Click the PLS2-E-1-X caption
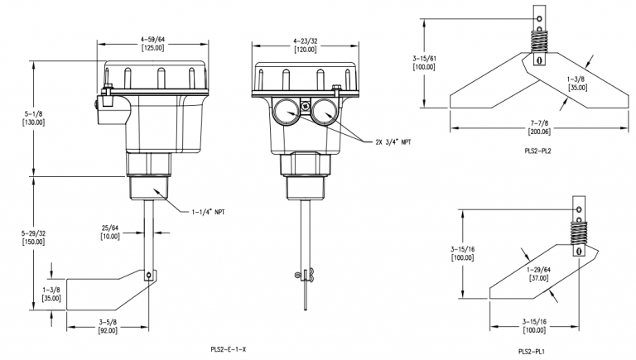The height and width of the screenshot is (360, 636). click(229, 349)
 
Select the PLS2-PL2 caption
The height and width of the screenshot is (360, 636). click(537, 151)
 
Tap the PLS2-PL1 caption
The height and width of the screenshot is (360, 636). click(532, 352)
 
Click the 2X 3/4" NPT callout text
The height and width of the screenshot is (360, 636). click(393, 142)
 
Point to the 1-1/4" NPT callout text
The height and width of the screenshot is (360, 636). click(208, 212)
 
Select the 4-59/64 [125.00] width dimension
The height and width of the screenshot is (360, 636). click(153, 44)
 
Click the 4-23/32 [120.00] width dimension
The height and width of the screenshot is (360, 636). click(305, 46)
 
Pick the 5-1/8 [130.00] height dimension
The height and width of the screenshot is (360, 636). click(33, 118)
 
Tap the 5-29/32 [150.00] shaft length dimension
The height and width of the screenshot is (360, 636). click(33, 238)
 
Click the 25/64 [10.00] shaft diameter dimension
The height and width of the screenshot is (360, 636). click(110, 232)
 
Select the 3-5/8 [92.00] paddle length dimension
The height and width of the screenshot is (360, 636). click(108, 326)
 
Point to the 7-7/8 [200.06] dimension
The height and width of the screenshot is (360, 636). click(539, 127)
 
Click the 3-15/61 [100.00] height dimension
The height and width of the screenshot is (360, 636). click(424, 63)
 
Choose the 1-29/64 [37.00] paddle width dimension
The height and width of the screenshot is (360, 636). click(538, 274)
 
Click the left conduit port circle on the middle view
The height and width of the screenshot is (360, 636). click(286, 110)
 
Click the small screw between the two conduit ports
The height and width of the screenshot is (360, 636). click(305, 105)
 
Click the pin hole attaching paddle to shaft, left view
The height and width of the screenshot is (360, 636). click(149, 276)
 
